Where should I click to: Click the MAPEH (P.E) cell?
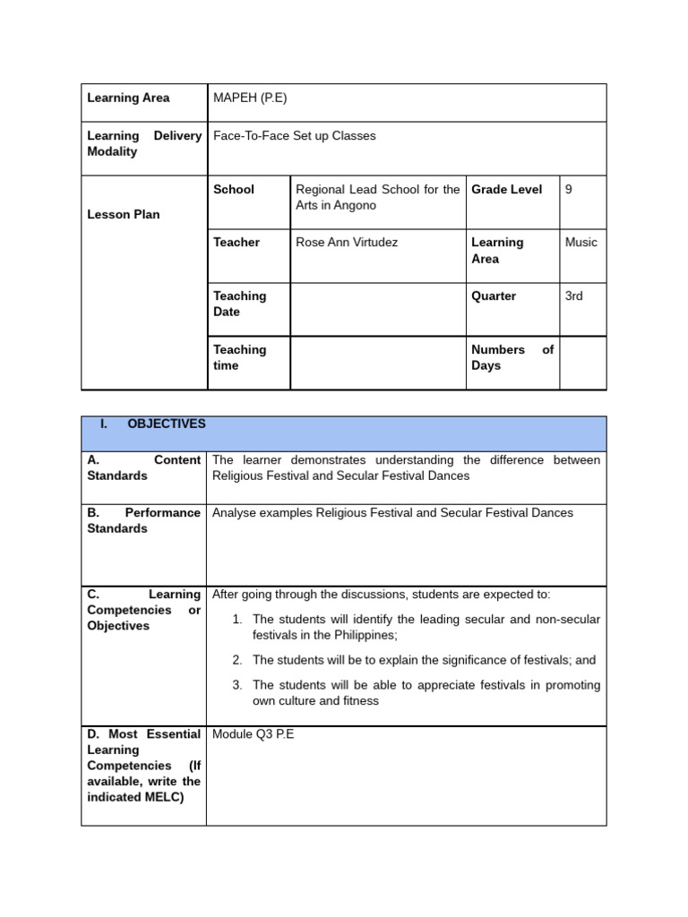tap(250, 98)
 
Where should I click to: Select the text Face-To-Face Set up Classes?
tap(294, 136)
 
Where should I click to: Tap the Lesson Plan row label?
tap(124, 214)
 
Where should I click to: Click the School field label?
tap(234, 189)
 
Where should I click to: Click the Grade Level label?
tap(507, 189)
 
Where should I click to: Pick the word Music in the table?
tap(581, 242)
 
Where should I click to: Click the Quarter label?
tap(494, 296)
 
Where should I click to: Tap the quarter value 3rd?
tap(574, 296)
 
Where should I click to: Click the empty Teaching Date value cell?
tap(377, 309)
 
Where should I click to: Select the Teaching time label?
tap(239, 357)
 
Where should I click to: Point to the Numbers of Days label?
tap(512, 357)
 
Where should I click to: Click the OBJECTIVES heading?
tap(167, 424)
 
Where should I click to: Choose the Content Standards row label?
tap(143, 467)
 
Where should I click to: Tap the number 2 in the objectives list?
tap(237, 660)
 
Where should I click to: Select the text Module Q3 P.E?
tap(253, 734)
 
